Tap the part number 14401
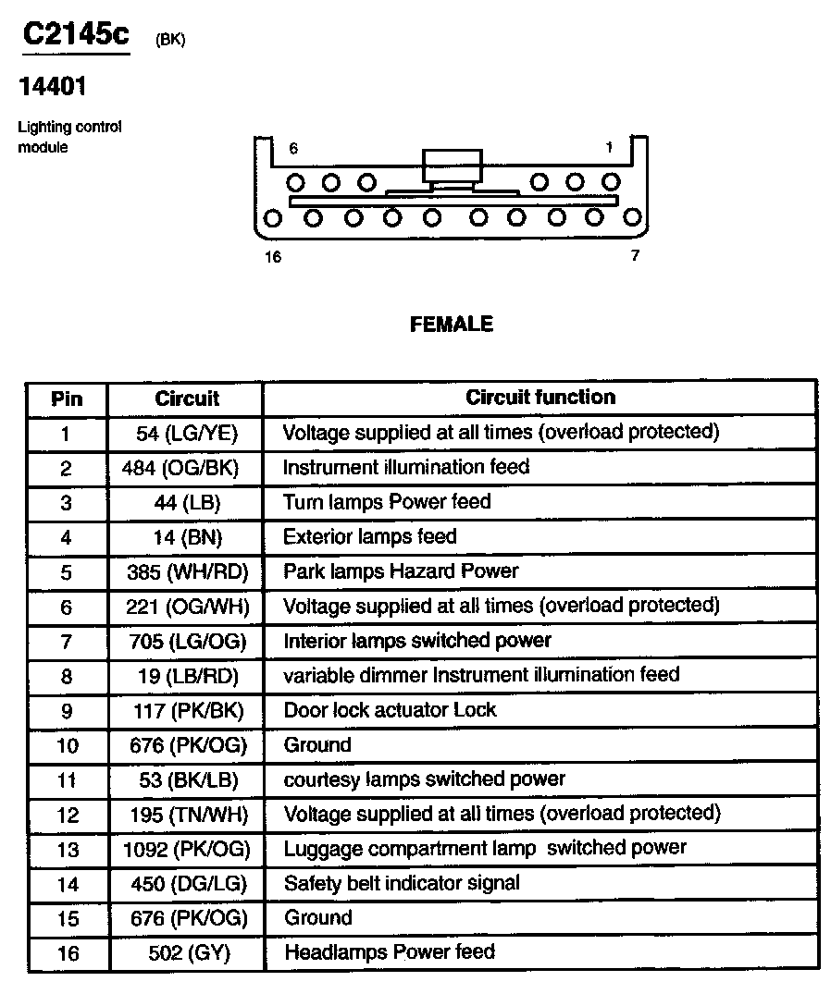(x=53, y=87)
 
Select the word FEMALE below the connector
(x=451, y=325)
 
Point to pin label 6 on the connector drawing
(x=293, y=148)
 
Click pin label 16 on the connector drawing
(x=272, y=257)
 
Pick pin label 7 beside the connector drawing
(x=635, y=256)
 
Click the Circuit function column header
(x=540, y=398)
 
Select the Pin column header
(x=67, y=399)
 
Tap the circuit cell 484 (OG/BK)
(x=180, y=468)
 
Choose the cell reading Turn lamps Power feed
(x=387, y=502)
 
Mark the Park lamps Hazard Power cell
(x=401, y=571)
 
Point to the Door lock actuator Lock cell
(x=390, y=710)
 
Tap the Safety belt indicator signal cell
(x=402, y=883)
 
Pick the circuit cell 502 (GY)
(x=188, y=952)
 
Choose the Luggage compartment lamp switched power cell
(x=485, y=848)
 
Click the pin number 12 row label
(x=68, y=815)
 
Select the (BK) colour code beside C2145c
(x=170, y=41)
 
